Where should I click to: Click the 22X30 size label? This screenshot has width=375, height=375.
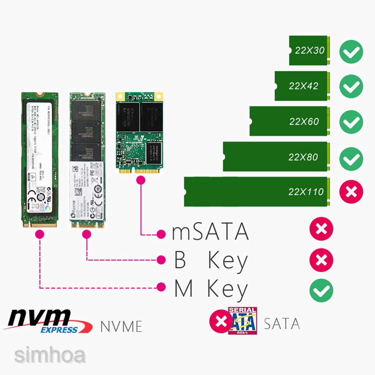tap(310, 51)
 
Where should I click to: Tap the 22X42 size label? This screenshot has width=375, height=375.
tap(304, 86)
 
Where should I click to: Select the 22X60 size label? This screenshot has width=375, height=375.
tap(304, 121)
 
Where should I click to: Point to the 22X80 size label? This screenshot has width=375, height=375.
tap(303, 157)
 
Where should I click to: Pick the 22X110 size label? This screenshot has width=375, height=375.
tap(306, 192)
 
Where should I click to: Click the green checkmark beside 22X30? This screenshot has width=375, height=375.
tap(351, 52)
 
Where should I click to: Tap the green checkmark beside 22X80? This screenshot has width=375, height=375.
tap(351, 159)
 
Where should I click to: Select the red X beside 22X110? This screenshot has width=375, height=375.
tap(351, 192)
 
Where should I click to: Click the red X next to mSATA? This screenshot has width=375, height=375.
tap(321, 230)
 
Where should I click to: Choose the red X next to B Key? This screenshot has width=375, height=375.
tap(321, 260)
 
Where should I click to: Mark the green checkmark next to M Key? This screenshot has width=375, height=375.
tap(321, 290)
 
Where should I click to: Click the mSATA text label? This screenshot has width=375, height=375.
tap(210, 232)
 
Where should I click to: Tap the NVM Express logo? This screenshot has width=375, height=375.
tap(48, 321)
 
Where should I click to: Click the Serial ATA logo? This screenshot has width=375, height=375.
tap(242, 321)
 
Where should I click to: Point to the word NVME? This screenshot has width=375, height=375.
tap(121, 326)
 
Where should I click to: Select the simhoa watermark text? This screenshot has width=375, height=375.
tap(50, 356)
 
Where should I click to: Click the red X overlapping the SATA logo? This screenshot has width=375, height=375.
tap(220, 321)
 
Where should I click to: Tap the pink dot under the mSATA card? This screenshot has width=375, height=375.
tap(140, 180)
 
